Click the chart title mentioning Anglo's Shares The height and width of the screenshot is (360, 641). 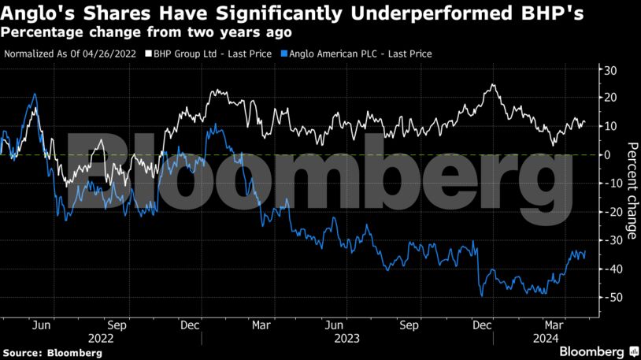tap(292, 13)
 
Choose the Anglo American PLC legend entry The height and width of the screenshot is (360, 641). tap(358, 54)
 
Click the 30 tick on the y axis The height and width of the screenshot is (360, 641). tap(609, 69)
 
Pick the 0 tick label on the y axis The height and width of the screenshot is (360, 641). tap(606, 155)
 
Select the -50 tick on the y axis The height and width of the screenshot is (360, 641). tap(609, 298)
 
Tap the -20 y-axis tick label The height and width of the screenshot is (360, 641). tap(609, 212)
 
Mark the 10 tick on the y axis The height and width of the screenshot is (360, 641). tap(609, 126)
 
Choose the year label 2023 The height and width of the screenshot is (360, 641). tap(346, 338)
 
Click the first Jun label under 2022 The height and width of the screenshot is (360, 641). tap(43, 323)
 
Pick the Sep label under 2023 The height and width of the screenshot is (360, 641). tap(409, 323)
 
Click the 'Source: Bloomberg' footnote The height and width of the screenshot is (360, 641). tap(52, 353)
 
